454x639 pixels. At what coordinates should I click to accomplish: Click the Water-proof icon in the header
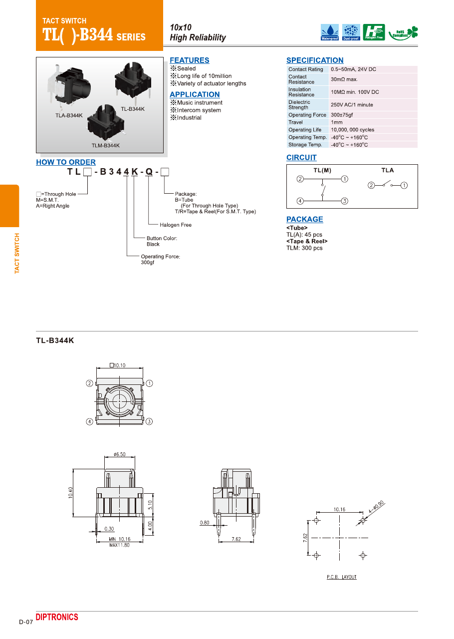coord(329,31)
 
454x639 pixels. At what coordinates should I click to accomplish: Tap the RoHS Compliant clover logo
coord(403,32)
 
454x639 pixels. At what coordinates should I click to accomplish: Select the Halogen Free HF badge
coord(374,31)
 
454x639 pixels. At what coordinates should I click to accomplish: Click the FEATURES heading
coord(190,60)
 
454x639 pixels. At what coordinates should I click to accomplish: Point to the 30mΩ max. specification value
coord(344,79)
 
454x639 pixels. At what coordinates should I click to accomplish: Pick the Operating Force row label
coord(307,115)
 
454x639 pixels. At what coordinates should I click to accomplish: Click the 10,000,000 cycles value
coord(352,130)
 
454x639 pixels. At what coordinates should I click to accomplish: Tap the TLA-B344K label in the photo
coord(69,115)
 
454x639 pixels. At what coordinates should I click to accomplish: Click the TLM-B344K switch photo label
coord(106,145)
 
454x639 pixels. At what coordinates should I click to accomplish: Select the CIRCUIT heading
coord(301,158)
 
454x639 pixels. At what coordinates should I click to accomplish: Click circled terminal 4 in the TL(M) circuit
coord(300,201)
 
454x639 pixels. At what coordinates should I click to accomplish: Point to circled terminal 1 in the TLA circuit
coord(404,185)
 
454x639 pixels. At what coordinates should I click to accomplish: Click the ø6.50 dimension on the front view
coord(120,454)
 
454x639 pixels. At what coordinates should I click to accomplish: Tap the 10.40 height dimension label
coord(70,493)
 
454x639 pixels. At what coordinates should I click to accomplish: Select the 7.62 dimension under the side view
coord(237,539)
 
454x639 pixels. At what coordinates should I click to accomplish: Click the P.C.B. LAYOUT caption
coord(342,577)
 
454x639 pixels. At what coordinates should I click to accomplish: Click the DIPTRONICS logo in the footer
coord(57,617)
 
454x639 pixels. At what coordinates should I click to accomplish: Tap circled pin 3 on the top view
coord(149,421)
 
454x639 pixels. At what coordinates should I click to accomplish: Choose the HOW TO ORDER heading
coord(66,162)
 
